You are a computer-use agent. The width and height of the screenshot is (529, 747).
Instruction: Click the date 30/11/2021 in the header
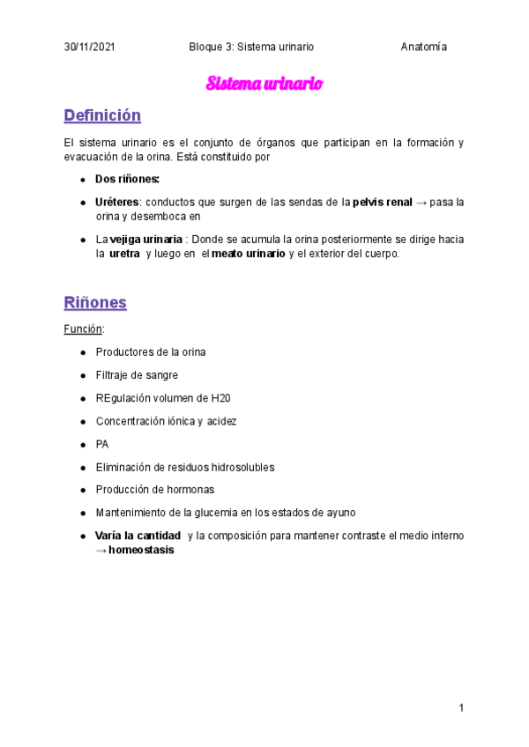89,47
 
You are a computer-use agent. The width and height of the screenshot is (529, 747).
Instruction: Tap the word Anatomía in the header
423,47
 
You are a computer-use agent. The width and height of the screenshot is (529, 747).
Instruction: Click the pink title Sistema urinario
264,84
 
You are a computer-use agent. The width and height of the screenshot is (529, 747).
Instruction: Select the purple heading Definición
102,115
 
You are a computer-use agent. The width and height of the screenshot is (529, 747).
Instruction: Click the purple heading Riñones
95,302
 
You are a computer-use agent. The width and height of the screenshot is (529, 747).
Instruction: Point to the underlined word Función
84,329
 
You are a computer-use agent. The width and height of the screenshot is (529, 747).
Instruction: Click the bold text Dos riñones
127,179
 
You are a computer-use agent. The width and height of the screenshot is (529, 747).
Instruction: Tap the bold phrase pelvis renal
382,202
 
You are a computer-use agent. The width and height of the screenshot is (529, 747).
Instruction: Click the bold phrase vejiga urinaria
145,240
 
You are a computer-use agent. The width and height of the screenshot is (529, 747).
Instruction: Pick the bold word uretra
124,254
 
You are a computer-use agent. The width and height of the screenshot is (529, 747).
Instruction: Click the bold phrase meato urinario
249,254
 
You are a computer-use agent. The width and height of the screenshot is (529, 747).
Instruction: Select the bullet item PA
102,444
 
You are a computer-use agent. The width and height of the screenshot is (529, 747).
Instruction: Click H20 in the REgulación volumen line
220,398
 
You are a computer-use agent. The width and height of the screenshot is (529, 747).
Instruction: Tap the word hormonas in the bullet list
191,490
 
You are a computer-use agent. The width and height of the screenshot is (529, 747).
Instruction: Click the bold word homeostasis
141,550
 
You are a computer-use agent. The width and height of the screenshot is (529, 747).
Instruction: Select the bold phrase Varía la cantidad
138,536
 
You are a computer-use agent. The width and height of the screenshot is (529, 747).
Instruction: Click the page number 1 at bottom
461,707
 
